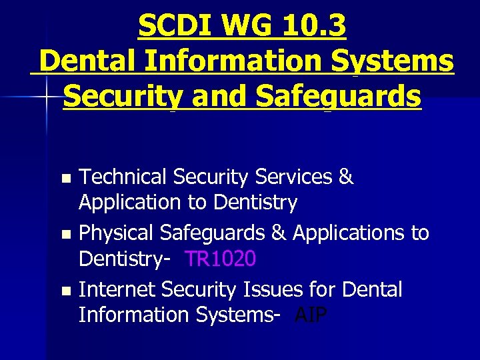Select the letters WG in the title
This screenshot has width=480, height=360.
pos(243,27)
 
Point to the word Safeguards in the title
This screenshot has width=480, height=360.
pos(339,97)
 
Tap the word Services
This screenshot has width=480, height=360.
pos(293,177)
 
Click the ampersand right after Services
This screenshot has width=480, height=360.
pos(346,177)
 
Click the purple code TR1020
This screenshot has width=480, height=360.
pos(220,258)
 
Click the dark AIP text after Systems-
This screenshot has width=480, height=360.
pos(311,315)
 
